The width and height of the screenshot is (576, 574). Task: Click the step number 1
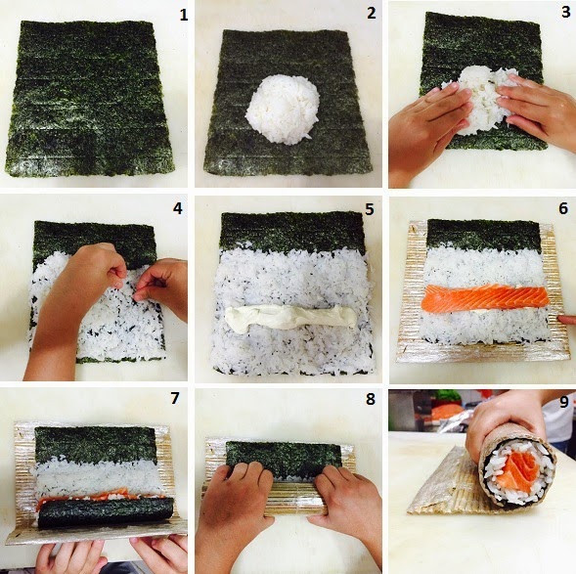point(183,16)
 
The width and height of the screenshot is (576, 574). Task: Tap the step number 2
point(372,14)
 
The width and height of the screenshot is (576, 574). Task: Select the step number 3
point(565,12)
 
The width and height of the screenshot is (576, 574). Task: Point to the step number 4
point(177,208)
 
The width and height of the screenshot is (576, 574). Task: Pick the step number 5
point(370,209)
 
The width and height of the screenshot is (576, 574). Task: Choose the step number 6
point(563,208)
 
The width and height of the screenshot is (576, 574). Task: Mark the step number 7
point(174,398)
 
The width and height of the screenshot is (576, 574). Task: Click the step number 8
point(371,399)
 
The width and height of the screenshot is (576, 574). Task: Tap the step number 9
point(564,402)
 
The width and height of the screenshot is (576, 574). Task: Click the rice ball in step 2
point(282,109)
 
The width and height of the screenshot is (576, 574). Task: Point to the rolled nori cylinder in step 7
point(107,511)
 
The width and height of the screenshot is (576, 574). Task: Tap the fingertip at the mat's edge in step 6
point(566,320)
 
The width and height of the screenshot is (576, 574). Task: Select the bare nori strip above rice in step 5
point(292,231)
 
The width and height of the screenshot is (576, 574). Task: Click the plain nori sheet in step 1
point(89,99)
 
